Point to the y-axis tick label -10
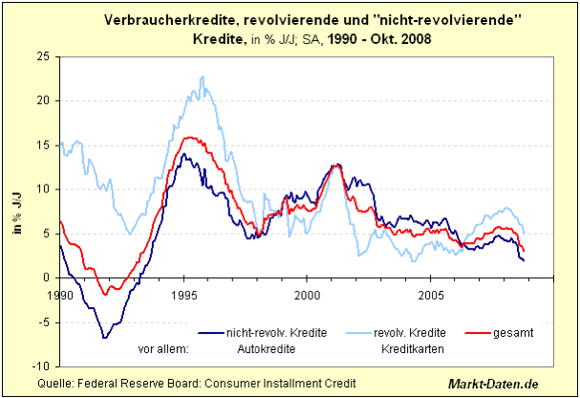(42, 366)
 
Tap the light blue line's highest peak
(202, 77)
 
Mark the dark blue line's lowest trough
(104, 338)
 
